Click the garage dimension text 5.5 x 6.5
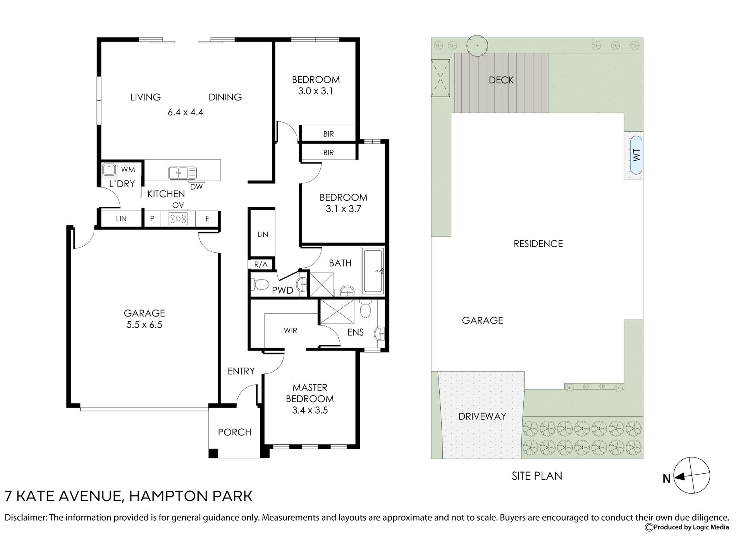(x=144, y=325)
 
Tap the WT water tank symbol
(x=636, y=155)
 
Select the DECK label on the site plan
(x=501, y=80)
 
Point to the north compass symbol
(x=691, y=476)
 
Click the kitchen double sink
(x=182, y=173)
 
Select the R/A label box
(x=261, y=265)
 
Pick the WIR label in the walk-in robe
(x=291, y=330)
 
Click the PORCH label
(x=234, y=432)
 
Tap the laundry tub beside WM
(x=109, y=170)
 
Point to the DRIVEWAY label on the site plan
(x=482, y=416)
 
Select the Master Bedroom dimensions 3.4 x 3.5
(x=310, y=410)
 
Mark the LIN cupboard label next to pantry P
(x=121, y=218)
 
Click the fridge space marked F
(x=207, y=218)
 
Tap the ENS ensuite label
(x=355, y=332)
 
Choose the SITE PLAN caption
(x=537, y=476)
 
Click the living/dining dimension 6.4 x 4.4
(x=186, y=112)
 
